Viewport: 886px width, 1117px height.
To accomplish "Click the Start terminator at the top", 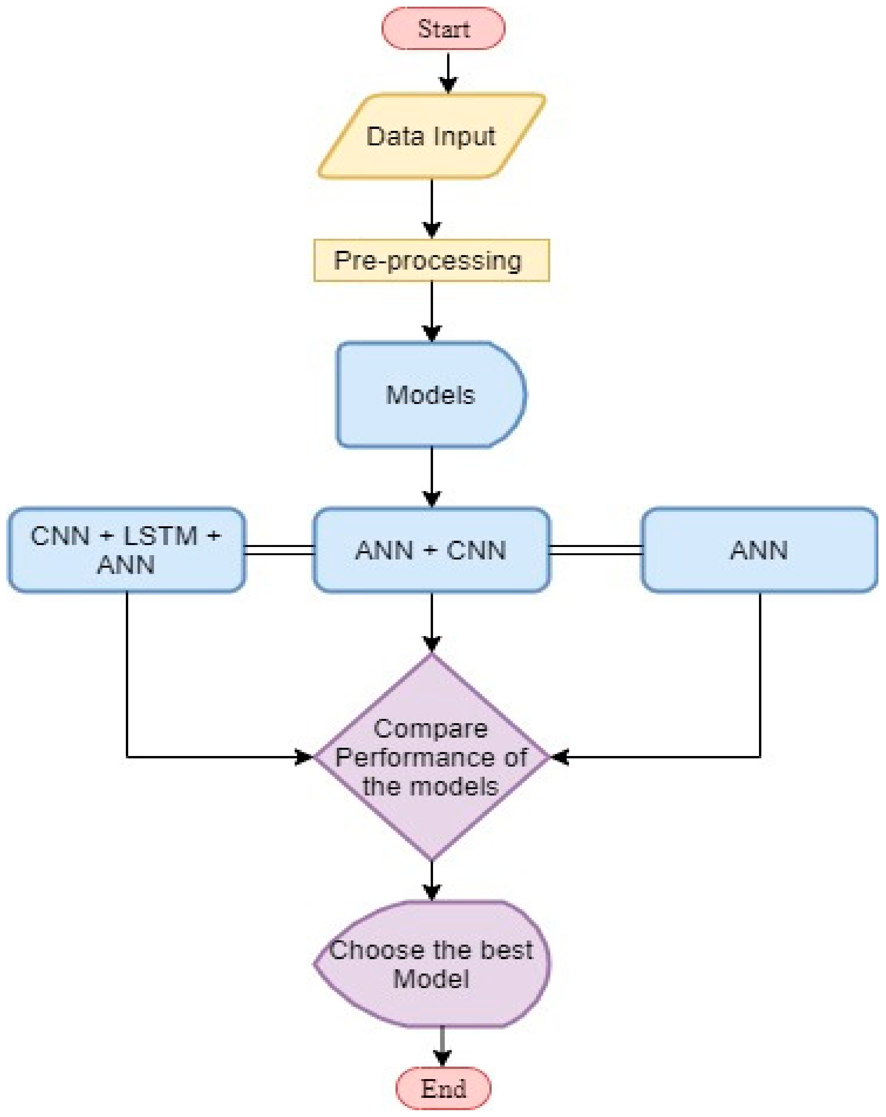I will click(443, 29).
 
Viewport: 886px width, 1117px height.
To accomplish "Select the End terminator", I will click(443, 1088).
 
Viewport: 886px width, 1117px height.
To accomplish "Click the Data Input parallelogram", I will click(431, 136).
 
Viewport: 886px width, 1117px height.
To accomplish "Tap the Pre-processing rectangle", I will click(431, 261).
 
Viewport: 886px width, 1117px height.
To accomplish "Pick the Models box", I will click(430, 395).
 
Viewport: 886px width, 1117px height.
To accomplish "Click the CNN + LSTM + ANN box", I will click(126, 550).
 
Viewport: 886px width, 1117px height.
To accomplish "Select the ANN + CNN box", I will click(431, 550).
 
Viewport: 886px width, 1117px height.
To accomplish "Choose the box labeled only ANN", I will click(759, 550).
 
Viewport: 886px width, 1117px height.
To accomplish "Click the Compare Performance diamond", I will click(431, 757).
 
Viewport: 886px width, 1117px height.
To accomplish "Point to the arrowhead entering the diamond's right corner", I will click(560, 757).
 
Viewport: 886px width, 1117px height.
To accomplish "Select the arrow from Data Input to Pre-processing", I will click(431, 207).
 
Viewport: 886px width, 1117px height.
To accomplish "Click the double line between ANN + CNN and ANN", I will click(596, 550).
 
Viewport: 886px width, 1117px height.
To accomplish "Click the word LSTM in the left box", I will click(161, 536).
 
